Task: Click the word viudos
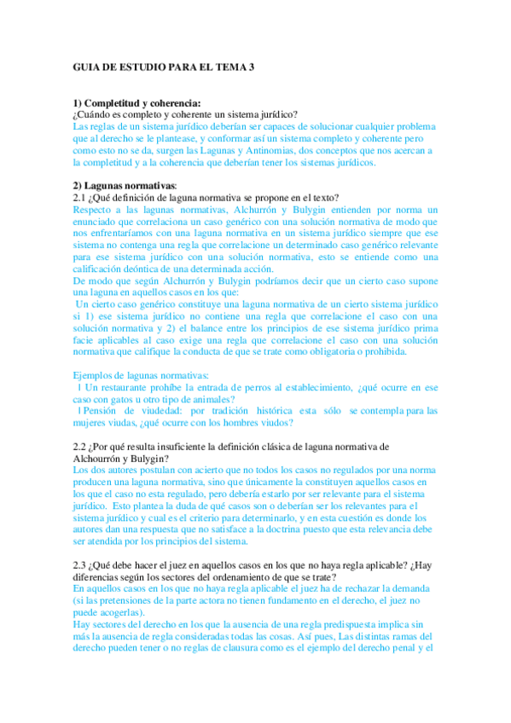(275, 423)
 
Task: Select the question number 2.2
(81, 446)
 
